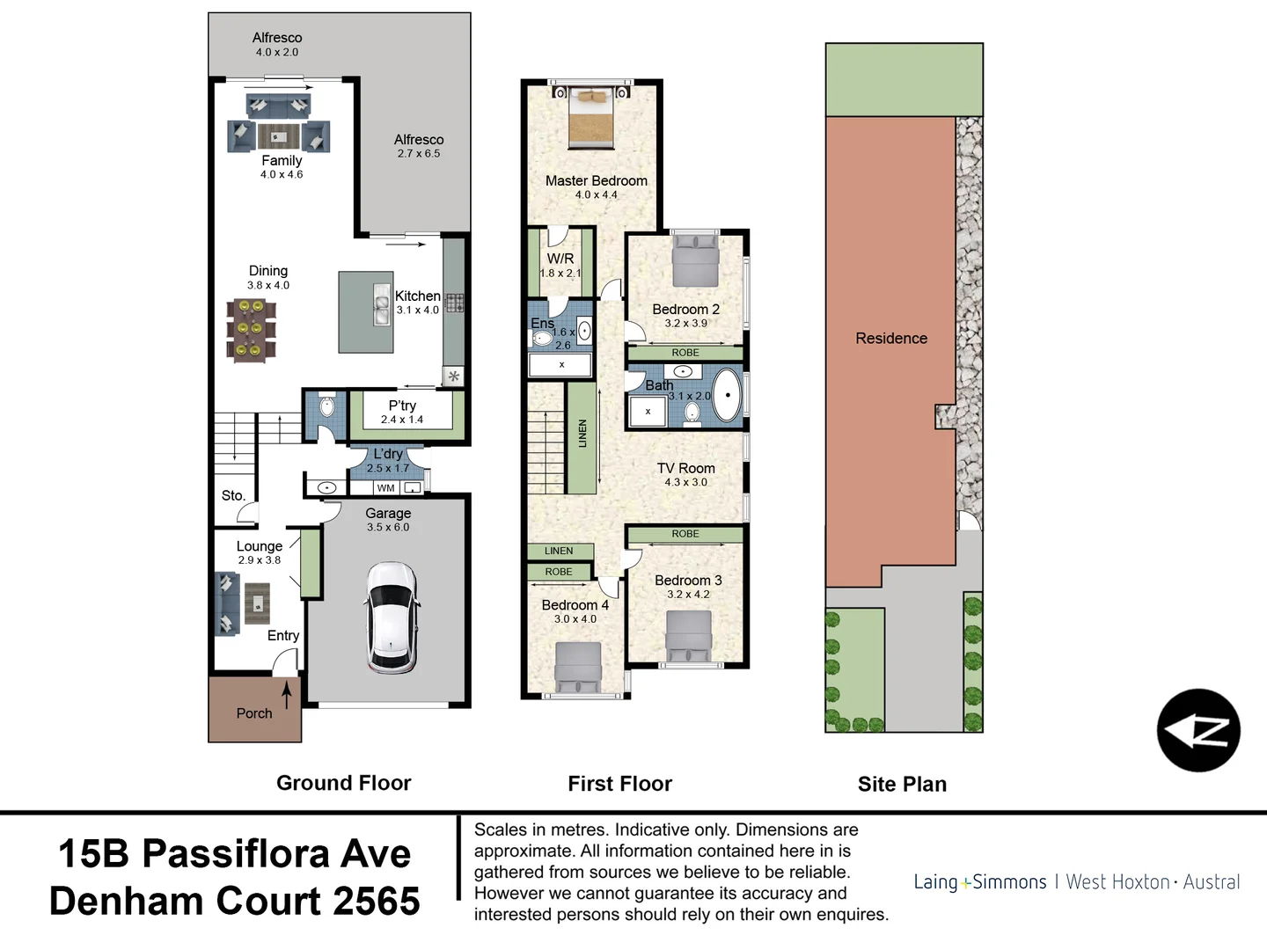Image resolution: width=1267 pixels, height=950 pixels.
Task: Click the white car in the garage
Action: point(392,617)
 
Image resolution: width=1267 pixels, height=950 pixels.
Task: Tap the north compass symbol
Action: point(1197,730)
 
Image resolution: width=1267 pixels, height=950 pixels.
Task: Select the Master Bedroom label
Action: point(596,180)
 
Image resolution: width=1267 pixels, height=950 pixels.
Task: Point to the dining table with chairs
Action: point(251,330)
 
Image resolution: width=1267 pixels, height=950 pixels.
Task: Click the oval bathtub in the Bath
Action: point(727,396)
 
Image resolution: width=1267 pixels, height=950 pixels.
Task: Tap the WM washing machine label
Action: point(385,488)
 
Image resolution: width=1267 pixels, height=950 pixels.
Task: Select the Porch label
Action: point(254,713)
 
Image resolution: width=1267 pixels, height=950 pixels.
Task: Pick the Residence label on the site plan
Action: point(891,339)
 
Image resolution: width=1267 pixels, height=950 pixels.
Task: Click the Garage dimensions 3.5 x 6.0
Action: point(388,528)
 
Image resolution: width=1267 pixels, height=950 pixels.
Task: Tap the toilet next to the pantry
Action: point(326,407)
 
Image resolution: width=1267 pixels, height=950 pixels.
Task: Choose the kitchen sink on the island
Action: point(382,304)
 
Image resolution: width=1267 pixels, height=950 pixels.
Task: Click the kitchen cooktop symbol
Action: point(454,303)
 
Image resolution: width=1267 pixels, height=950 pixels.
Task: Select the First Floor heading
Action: point(619,784)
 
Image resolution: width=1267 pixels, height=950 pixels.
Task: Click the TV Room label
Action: point(685,469)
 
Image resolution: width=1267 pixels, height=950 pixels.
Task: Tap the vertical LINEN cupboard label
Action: point(582,433)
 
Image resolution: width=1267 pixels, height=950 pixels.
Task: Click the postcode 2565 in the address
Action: point(377,901)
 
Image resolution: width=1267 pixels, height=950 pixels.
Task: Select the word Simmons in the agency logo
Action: point(1010,882)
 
